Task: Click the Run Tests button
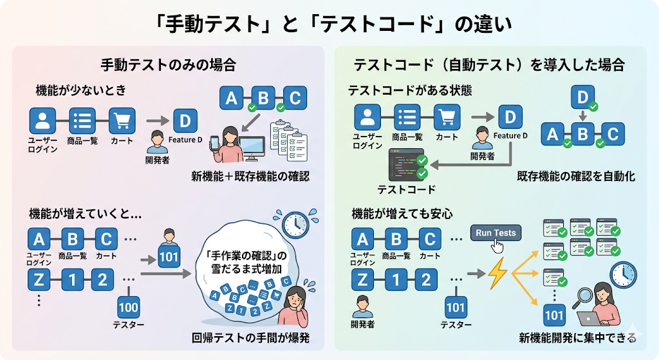496,232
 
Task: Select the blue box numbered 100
129,306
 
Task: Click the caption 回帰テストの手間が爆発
250,337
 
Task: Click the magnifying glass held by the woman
582,295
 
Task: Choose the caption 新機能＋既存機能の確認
250,176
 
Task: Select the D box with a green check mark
582,99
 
